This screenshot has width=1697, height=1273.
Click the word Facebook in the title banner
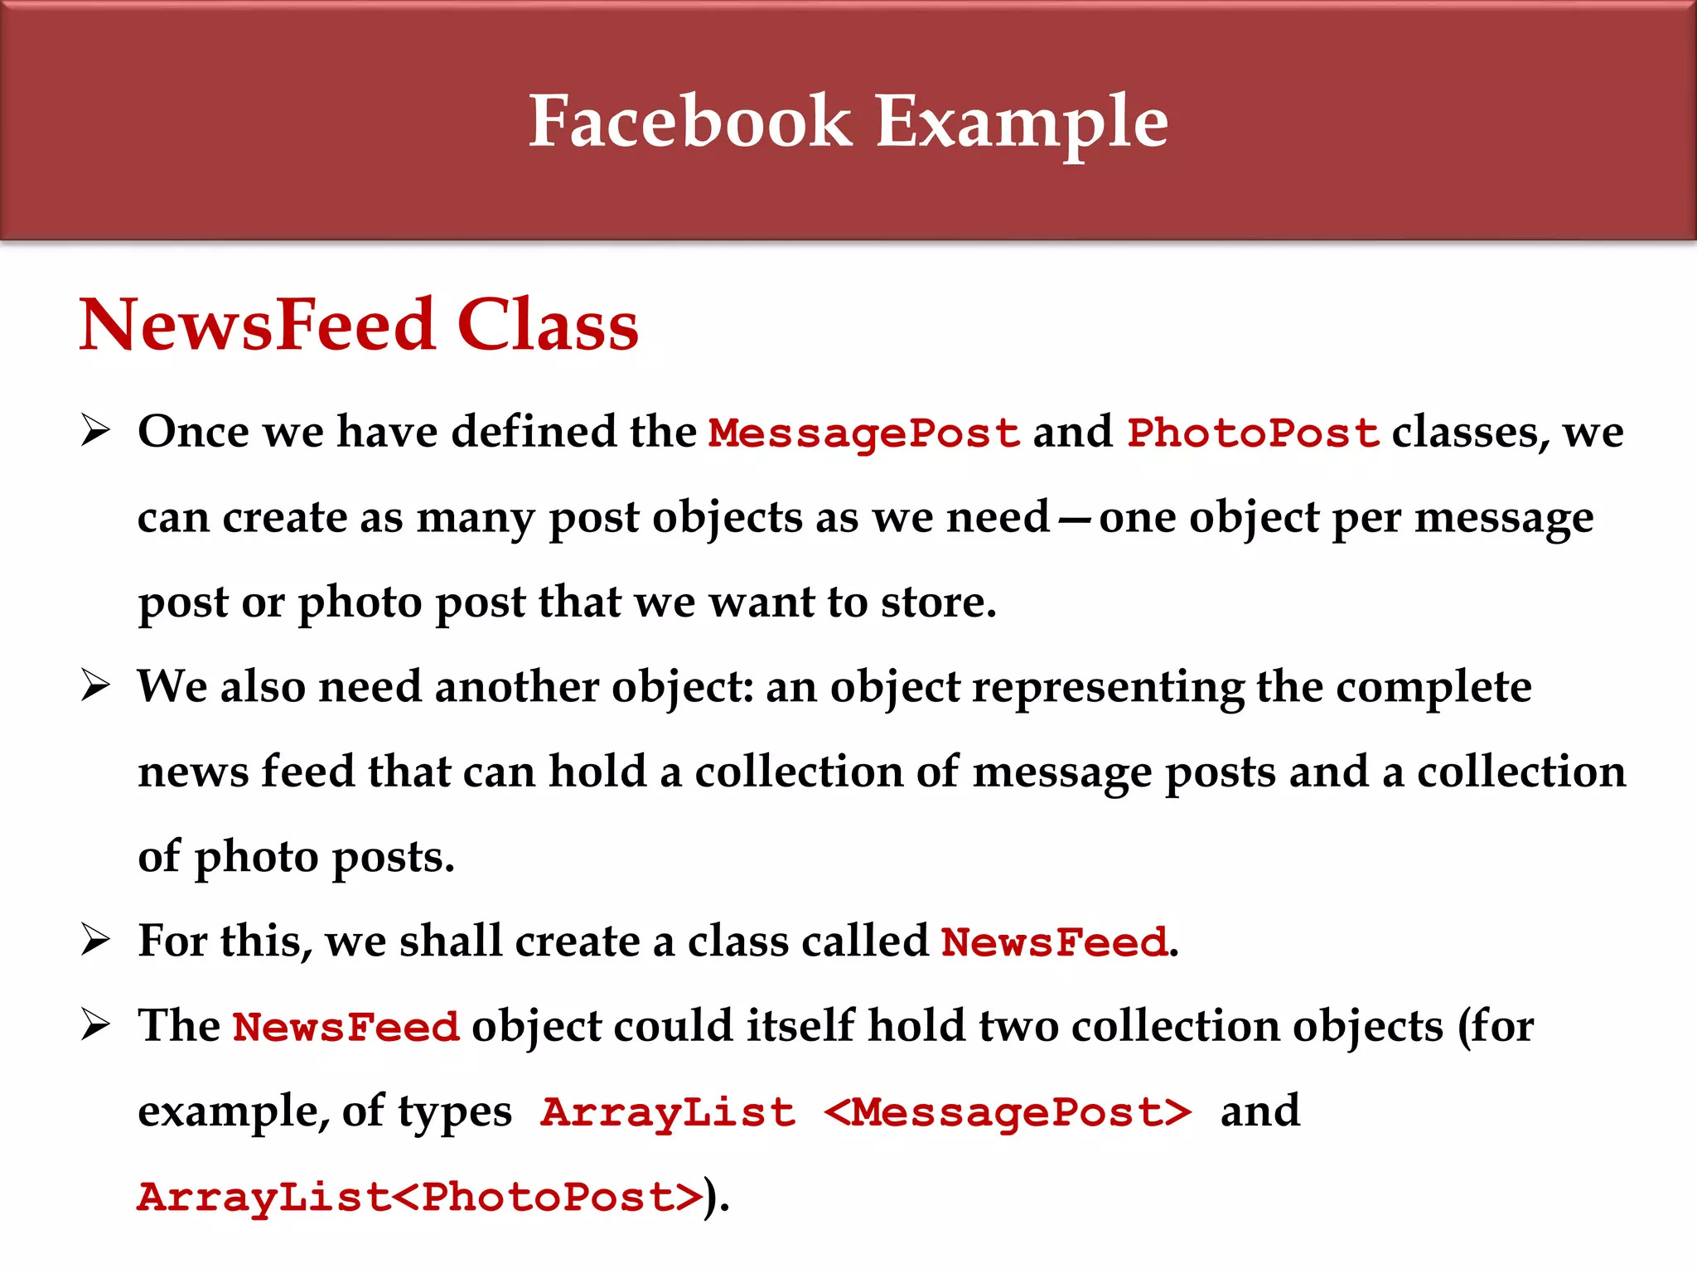pyautogui.click(x=690, y=121)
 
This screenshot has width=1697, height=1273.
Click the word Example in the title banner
pyautogui.click(x=1022, y=123)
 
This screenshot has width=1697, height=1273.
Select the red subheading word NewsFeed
pyautogui.click(x=257, y=324)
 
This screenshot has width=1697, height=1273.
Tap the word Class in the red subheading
pyautogui.click(x=548, y=324)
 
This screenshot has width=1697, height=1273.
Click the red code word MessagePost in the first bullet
pyautogui.click(x=864, y=433)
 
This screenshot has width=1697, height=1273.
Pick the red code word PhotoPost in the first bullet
pyautogui.click(x=1253, y=433)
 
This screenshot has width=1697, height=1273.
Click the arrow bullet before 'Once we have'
pyautogui.click(x=95, y=431)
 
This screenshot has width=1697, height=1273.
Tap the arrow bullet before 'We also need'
pyautogui.click(x=95, y=686)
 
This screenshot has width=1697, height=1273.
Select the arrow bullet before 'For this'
pyautogui.click(x=95, y=941)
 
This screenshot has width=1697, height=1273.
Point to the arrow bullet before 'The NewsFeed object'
pyautogui.click(x=95, y=1025)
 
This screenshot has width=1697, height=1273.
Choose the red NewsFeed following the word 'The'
pyautogui.click(x=346, y=1027)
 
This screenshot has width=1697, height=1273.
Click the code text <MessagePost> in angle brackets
pyautogui.click(x=1008, y=1112)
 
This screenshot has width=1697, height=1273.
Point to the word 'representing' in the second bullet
pyautogui.click(x=1108, y=688)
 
